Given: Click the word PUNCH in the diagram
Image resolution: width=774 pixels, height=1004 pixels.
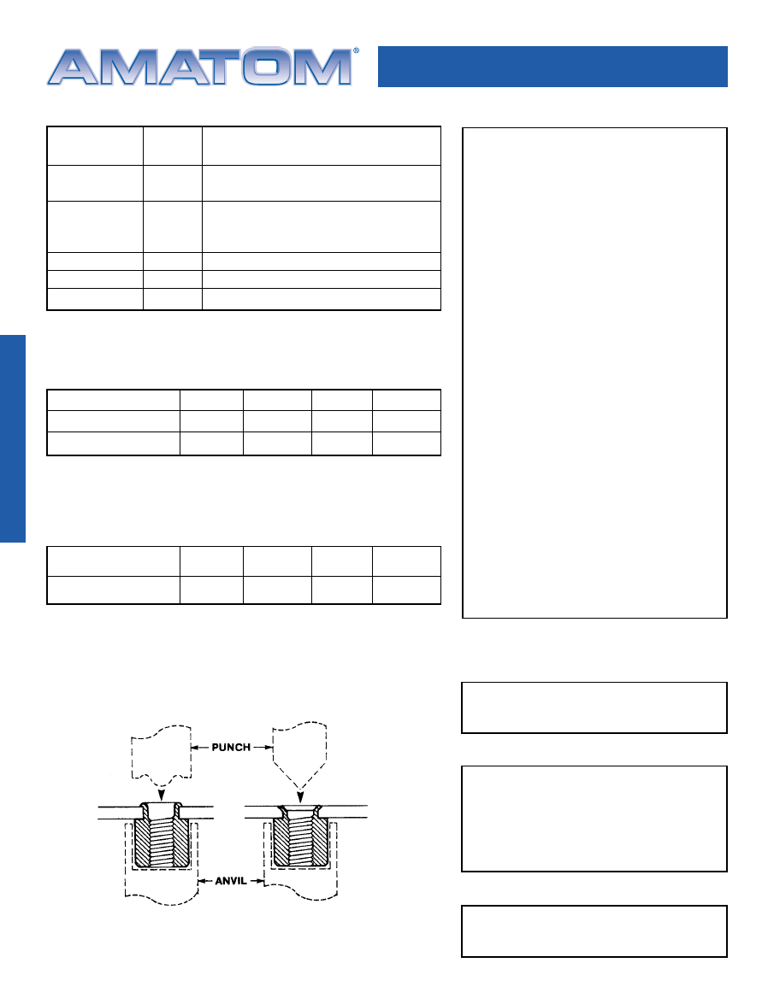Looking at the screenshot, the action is pos(231,748).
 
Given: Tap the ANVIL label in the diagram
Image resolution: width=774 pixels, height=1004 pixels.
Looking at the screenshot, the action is pos(231,881).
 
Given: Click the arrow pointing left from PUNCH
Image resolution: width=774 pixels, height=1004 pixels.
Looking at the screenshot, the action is pos(200,748).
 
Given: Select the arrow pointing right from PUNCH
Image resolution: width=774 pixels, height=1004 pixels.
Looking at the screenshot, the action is pos(263,748).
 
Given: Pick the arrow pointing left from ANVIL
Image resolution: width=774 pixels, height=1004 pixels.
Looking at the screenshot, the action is pos(205,881).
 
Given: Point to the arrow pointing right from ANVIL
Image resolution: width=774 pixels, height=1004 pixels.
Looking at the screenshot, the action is pos(257,881).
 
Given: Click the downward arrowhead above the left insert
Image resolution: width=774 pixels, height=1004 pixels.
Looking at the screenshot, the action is pos(162,796).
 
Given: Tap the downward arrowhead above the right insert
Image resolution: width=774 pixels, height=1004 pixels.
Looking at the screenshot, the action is pos(299,796).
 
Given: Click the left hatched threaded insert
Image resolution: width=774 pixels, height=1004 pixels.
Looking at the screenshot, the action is pos(162,836).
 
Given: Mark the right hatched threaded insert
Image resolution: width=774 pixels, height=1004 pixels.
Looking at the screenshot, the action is pos(300,836).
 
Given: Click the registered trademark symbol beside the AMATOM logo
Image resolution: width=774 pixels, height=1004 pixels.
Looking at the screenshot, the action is pos(357,50).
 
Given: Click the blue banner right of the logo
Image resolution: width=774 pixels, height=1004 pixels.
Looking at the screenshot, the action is pos(553,67).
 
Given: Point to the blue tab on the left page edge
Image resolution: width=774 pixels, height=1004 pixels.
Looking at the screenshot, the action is pos(13,438).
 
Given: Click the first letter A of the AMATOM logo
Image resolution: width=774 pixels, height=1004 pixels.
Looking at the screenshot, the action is pos(73,67).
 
